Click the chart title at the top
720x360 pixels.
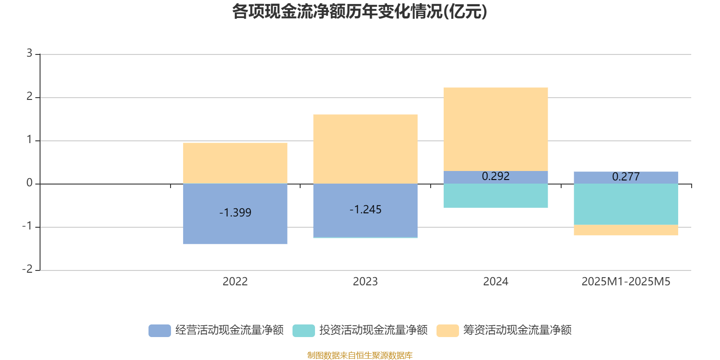point(359,12)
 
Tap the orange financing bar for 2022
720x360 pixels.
point(235,163)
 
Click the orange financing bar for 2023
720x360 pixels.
point(365,148)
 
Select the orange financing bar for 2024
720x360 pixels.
point(495,129)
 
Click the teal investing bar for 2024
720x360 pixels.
point(495,196)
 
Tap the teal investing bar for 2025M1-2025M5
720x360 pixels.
point(626,204)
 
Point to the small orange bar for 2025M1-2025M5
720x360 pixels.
point(626,230)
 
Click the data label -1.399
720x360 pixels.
point(235,212)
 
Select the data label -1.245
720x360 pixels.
point(365,209)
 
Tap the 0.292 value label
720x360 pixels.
point(495,176)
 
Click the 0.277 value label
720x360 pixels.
point(626,176)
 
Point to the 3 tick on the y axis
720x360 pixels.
point(29,54)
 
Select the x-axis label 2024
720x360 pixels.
point(495,281)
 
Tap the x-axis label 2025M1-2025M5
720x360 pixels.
point(626,281)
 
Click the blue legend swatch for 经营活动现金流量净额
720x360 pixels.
point(160,330)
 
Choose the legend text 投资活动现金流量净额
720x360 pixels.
point(373,330)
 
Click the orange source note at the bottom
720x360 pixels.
point(360,355)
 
